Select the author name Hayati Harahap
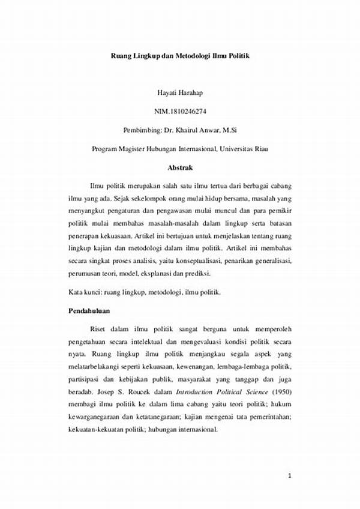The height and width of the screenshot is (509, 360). [x=179, y=94]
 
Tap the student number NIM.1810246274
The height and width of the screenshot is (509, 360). [x=179, y=112]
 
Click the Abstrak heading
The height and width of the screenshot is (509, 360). [x=179, y=167]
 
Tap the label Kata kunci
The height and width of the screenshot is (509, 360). [x=83, y=292]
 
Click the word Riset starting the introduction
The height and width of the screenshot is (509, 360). [x=100, y=330]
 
